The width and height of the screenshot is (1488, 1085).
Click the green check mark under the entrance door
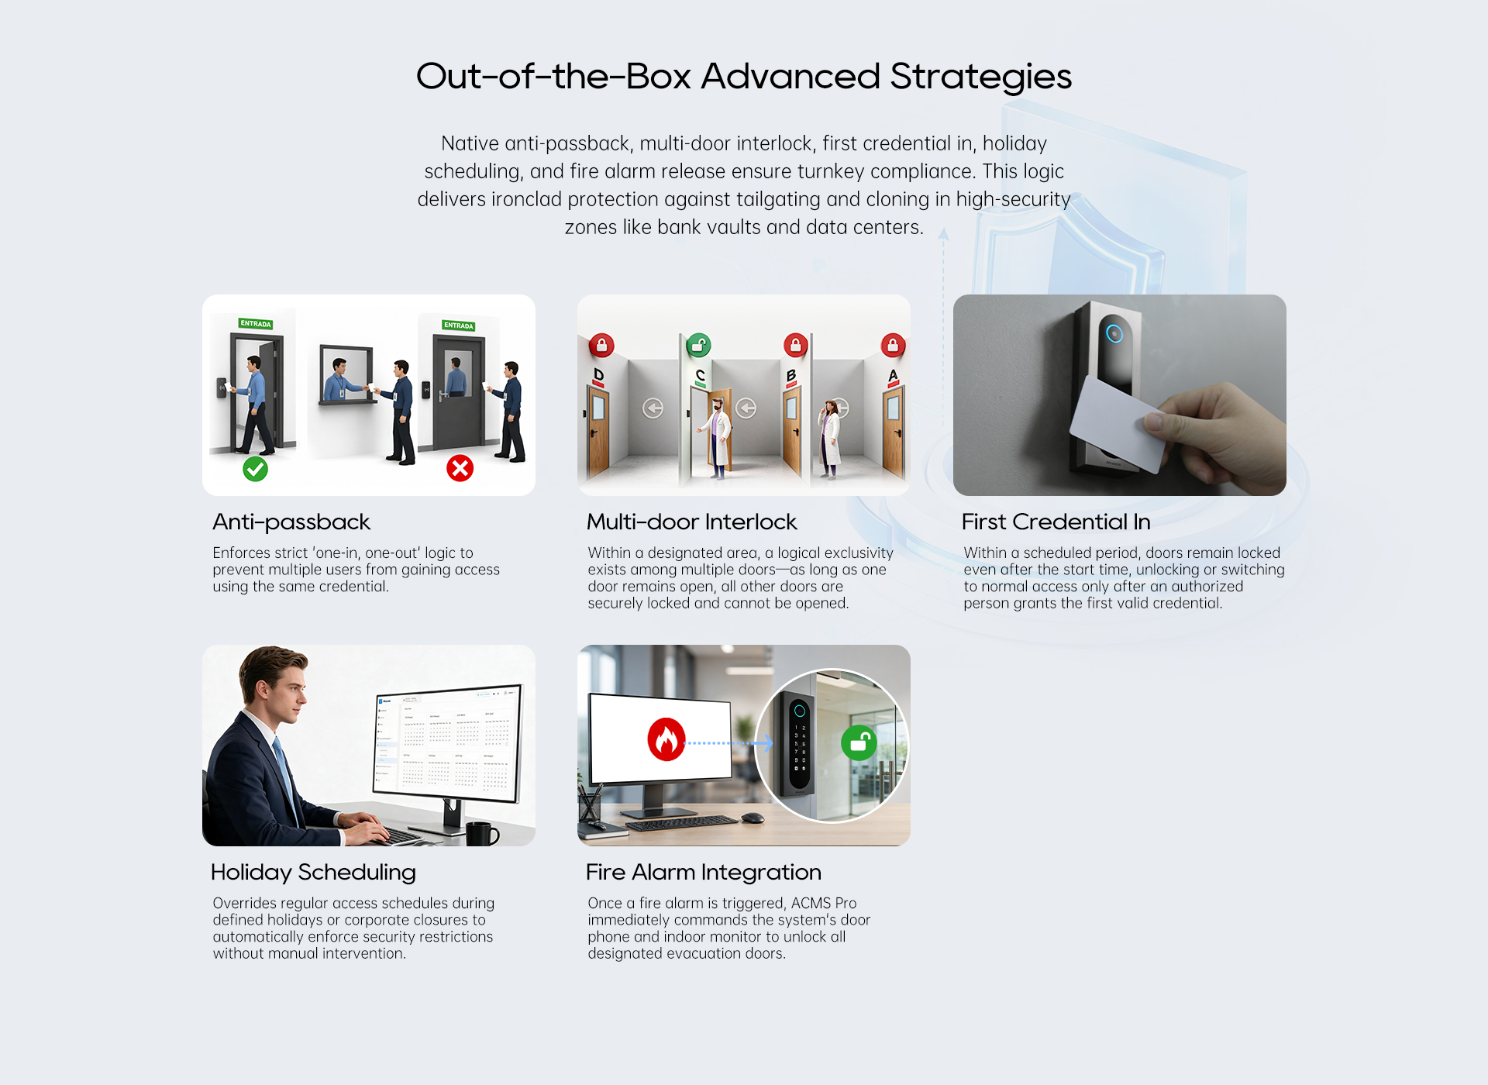(255, 469)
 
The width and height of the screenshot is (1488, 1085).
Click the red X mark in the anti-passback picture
(460, 468)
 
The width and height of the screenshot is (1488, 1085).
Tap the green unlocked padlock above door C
(698, 345)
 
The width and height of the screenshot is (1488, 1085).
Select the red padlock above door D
(601, 345)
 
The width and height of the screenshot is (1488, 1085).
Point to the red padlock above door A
(893, 345)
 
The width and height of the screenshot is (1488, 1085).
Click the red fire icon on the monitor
(666, 739)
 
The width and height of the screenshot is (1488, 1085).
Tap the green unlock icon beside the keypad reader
(859, 743)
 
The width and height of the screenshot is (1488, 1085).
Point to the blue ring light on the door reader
(1114, 334)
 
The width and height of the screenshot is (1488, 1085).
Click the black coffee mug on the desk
(482, 834)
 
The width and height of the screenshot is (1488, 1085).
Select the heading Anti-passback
(291, 522)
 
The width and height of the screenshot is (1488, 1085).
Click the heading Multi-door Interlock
(692, 522)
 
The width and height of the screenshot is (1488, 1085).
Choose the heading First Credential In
(1056, 522)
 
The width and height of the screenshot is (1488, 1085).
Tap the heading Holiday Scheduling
(314, 873)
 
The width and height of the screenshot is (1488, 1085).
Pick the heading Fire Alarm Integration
(704, 873)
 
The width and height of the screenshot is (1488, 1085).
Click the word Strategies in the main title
(980, 77)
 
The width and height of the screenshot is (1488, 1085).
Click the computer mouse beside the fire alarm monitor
(753, 818)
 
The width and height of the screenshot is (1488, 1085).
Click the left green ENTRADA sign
(256, 324)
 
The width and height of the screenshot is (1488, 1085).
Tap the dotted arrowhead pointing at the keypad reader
(766, 743)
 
